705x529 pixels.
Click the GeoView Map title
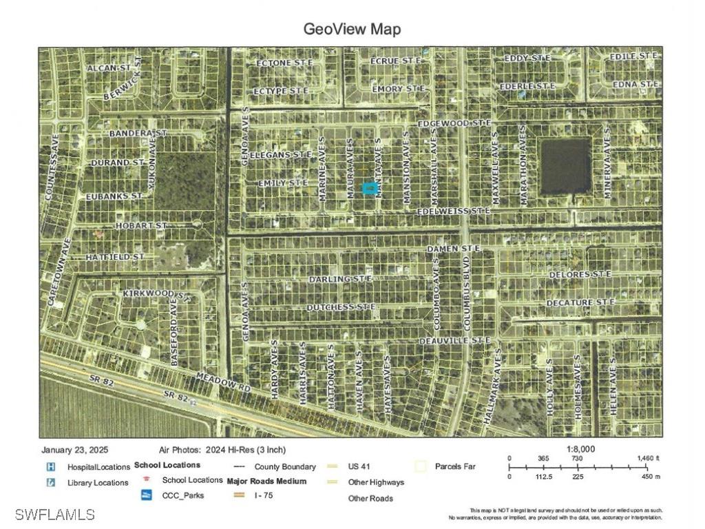click(352, 29)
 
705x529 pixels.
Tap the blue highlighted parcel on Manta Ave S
click(370, 187)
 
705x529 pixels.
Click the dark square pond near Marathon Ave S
click(565, 166)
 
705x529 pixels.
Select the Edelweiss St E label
click(454, 210)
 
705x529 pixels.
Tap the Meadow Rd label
click(224, 383)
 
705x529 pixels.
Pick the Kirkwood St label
click(155, 294)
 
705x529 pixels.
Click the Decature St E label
click(580, 302)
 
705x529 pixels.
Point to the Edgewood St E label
click(454, 123)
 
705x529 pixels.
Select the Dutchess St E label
click(341, 307)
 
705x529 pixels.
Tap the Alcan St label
click(109, 68)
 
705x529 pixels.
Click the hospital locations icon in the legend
click(50, 466)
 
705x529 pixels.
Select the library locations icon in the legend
click(50, 482)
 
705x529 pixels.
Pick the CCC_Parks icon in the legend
click(146, 495)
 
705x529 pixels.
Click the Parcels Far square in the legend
click(421, 466)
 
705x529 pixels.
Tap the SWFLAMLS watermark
click(54, 515)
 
